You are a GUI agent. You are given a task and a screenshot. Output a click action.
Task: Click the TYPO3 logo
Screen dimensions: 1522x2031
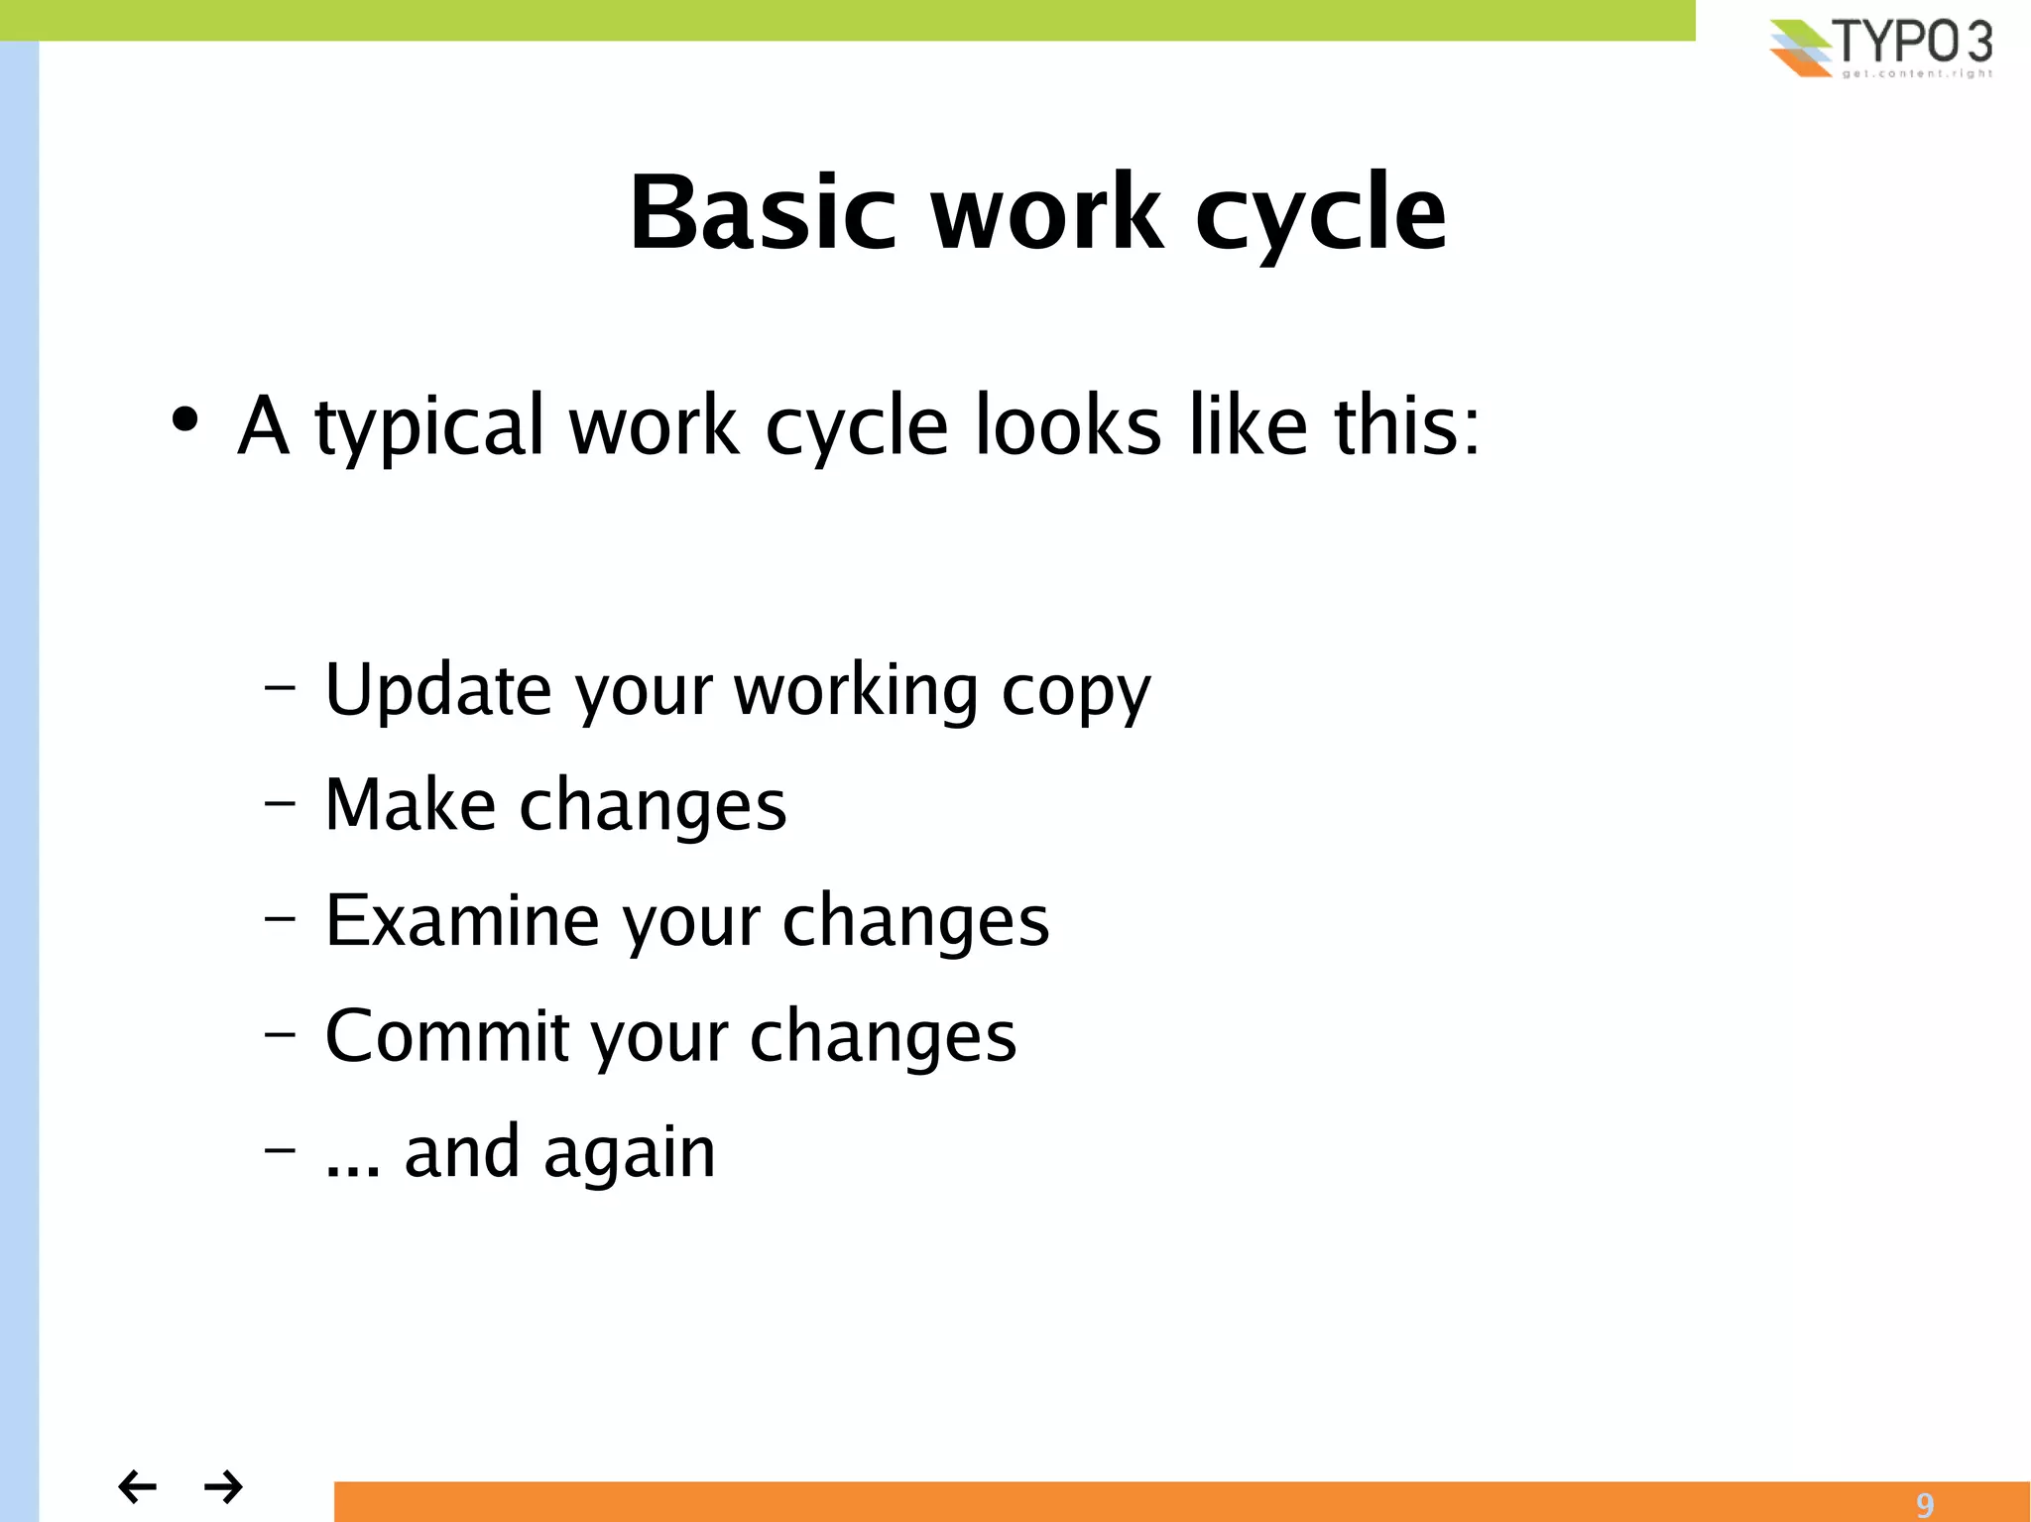pos(1882,48)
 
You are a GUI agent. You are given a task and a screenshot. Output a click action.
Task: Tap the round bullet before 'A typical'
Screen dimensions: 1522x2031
pos(184,419)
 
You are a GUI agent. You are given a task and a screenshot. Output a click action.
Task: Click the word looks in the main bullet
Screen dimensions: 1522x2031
pos(1067,425)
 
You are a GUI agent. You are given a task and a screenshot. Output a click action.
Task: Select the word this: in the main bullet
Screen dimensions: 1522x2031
pos(1406,425)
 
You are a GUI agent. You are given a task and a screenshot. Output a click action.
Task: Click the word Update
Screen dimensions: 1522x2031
pos(437,690)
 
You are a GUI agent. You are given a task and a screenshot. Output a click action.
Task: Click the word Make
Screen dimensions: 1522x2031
pos(410,804)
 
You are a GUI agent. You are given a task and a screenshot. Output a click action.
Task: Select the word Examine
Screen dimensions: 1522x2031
pos(462,920)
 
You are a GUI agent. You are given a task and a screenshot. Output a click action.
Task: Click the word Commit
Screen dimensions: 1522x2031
pos(447,1036)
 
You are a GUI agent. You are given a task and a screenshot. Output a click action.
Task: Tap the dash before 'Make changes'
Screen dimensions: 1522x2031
pos(280,802)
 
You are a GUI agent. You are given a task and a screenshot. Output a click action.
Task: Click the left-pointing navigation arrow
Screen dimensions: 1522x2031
pos(137,1486)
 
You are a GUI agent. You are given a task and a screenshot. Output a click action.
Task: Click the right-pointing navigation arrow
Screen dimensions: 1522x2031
pos(223,1486)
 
